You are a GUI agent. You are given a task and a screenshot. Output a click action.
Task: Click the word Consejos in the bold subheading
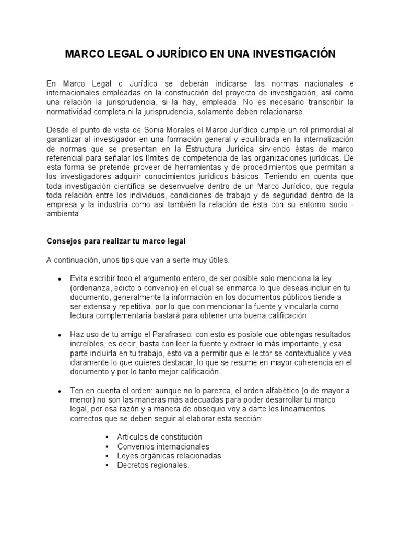click(63, 241)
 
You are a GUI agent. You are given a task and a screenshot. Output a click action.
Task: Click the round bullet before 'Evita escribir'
click(60, 279)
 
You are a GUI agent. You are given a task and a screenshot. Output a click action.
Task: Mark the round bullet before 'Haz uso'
click(60, 334)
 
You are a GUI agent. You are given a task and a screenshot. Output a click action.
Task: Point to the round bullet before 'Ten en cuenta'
click(60, 391)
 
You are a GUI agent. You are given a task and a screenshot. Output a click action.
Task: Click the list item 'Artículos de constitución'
click(160, 437)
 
